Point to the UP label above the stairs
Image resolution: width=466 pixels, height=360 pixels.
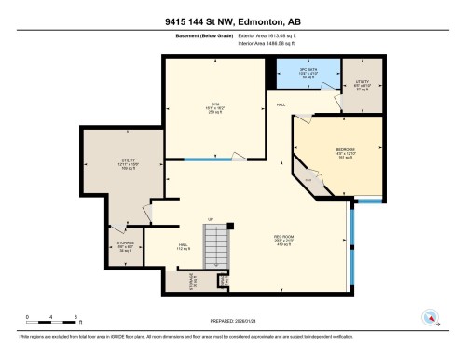point(212,220)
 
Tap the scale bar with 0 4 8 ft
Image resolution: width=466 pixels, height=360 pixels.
point(52,317)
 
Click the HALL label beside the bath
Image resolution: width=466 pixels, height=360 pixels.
point(281,105)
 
